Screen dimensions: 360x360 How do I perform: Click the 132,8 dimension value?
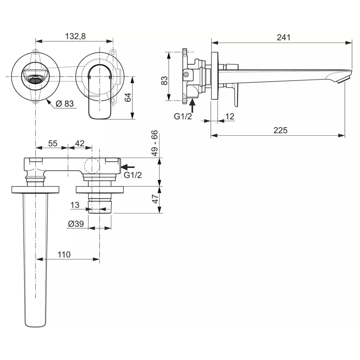(x=75, y=36)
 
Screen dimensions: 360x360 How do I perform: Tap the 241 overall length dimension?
(x=283, y=37)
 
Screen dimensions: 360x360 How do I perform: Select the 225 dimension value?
(x=280, y=130)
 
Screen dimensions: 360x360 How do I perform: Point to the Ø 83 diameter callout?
(x=65, y=103)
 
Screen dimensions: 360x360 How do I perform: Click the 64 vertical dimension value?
(x=128, y=97)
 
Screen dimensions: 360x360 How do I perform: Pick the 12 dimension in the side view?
(x=230, y=116)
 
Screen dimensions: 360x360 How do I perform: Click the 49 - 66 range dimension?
(x=155, y=143)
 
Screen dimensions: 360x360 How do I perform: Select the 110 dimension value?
(x=64, y=254)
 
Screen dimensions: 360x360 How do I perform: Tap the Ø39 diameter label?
(x=76, y=223)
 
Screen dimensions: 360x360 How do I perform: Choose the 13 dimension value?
(x=75, y=205)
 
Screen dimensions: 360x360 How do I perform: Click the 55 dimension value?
(x=53, y=143)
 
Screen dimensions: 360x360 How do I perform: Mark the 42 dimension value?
(x=80, y=143)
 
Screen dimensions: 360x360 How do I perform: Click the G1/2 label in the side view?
(x=183, y=116)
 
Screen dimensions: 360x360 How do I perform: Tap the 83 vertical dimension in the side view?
(x=164, y=81)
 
